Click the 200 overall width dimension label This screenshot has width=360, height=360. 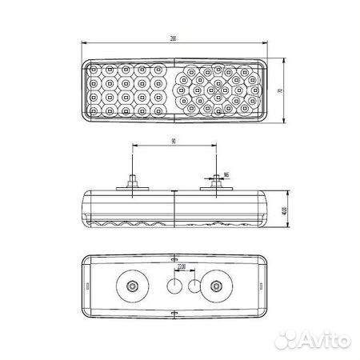(173, 38)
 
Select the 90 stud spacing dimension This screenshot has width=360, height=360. (173, 142)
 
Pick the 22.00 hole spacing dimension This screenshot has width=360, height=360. (182, 266)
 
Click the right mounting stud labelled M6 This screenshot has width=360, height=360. (215, 184)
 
